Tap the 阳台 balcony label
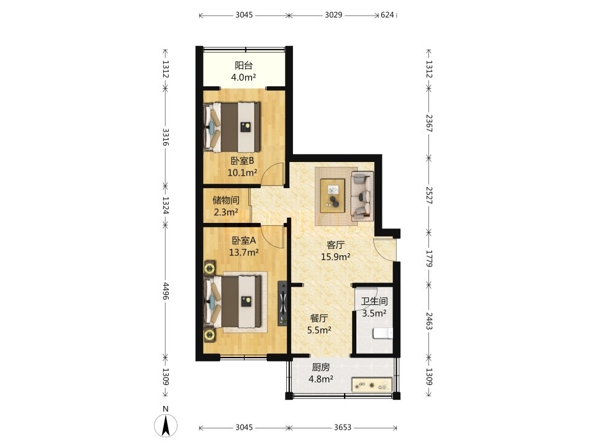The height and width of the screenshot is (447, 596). click(243, 65)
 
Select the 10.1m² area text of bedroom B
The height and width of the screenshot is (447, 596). click(243, 173)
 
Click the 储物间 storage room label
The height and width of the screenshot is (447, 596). click(226, 199)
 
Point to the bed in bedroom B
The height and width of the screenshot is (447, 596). click(232, 127)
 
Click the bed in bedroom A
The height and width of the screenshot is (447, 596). click(233, 302)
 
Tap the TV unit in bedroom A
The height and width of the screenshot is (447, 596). click(282, 303)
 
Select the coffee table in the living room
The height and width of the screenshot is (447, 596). click(333, 196)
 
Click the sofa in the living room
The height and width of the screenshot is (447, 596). click(362, 196)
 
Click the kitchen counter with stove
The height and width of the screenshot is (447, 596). click(372, 384)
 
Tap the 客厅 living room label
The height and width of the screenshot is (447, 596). click(336, 245)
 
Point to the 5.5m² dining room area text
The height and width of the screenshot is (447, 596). click(319, 330)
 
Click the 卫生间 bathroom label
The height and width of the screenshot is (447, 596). click(374, 302)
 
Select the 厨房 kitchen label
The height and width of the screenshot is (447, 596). click(321, 367)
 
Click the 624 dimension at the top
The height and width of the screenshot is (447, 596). click(387, 15)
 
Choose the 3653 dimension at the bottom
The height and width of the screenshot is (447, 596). click(343, 428)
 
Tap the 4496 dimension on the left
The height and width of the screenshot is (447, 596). click(165, 291)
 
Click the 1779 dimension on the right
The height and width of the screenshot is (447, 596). click(429, 258)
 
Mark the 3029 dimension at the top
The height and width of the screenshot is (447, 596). click(333, 15)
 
